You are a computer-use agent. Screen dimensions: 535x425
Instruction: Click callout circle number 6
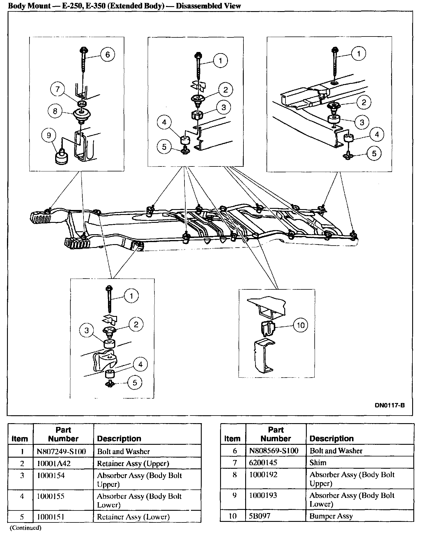click(107, 54)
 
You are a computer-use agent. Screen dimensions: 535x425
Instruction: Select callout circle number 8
click(55, 111)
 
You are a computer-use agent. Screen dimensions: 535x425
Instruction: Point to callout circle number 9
click(49, 135)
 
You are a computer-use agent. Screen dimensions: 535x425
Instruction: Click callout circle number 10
click(301, 325)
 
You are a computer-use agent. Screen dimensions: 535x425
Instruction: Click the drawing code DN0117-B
click(390, 405)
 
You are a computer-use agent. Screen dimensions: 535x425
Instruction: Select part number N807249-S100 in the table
click(61, 451)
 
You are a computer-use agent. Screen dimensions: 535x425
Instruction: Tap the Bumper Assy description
click(331, 516)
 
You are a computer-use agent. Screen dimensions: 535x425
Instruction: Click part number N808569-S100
click(274, 451)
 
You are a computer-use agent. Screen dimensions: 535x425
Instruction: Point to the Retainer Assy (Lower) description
click(133, 517)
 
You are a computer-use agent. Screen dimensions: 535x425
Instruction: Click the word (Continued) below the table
click(25, 528)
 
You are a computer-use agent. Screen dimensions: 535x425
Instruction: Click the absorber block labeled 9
click(62, 158)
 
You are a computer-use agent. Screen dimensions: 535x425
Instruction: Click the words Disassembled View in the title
click(208, 6)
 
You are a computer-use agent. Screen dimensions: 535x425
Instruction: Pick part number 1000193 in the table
click(263, 495)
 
